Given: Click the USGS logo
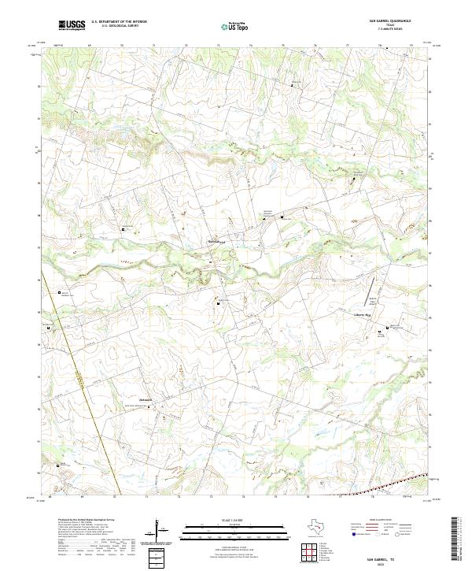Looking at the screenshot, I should click(71, 25).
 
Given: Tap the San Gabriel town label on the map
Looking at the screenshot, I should click(216, 241).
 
